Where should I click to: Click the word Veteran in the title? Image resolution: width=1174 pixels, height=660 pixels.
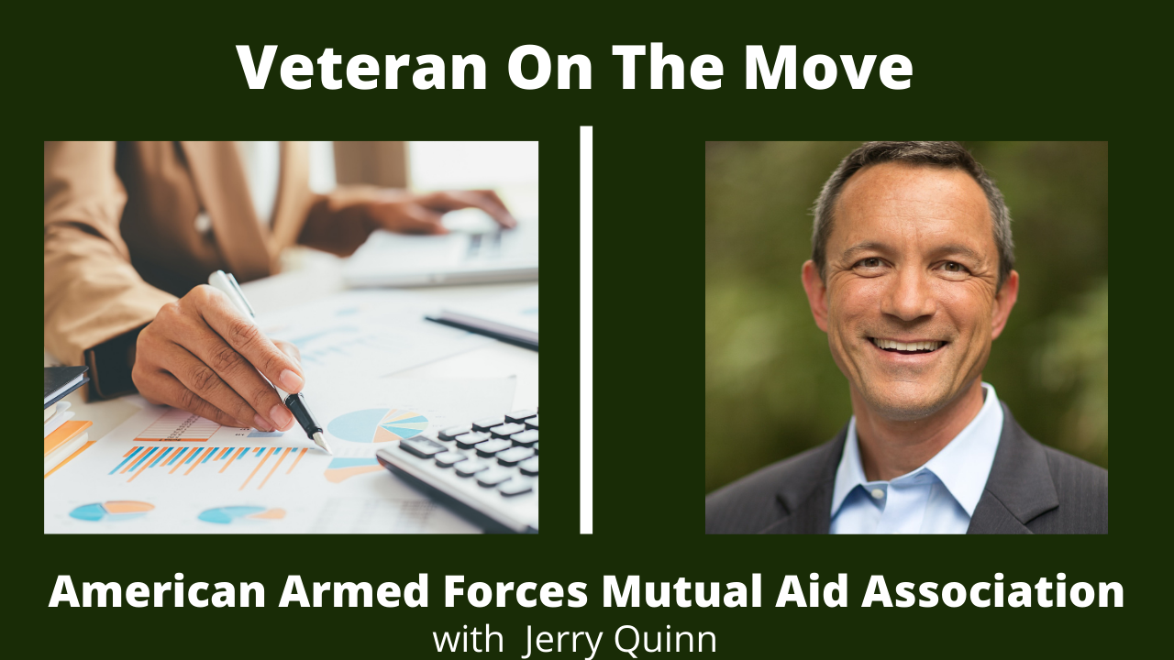tap(361, 68)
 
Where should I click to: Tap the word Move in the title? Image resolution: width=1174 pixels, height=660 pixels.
tap(828, 68)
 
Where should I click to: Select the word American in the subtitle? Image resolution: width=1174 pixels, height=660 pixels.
tap(157, 591)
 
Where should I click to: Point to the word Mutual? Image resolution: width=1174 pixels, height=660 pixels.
tap(681, 591)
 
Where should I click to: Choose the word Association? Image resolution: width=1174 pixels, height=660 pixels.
tap(992, 591)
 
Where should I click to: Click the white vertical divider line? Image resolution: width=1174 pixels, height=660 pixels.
tap(586, 329)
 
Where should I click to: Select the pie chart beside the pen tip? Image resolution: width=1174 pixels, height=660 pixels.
tap(377, 424)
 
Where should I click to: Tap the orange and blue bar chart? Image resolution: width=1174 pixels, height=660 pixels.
tap(210, 464)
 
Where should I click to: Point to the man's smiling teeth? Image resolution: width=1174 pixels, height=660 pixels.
tap(907, 346)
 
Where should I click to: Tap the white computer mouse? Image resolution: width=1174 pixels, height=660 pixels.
tap(468, 221)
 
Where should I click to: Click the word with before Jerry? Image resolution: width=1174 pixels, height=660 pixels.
tap(468, 640)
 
